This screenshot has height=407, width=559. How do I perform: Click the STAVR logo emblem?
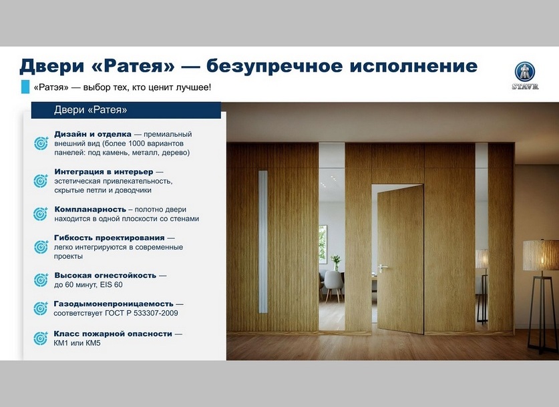tap(524, 72)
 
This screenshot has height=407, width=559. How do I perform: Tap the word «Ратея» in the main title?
tap(136, 66)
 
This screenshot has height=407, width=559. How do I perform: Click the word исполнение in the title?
tap(413, 66)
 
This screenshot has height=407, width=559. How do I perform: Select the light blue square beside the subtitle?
tap(25, 87)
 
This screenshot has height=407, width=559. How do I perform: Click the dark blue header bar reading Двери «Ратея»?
tap(126, 110)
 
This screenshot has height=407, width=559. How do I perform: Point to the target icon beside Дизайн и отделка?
tap(41, 143)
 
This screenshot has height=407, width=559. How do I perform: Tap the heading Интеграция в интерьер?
tap(104, 171)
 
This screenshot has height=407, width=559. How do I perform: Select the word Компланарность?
tap(90, 210)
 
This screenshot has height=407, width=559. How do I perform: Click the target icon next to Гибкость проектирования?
tap(41, 247)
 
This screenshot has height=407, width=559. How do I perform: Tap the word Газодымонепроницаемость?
tap(114, 304)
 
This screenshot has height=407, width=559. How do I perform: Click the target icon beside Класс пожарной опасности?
tap(41, 338)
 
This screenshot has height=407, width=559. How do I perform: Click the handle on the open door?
tap(382, 267)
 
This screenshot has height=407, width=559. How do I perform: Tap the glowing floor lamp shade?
tap(540, 256)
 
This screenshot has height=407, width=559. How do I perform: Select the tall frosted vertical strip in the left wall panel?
tap(262, 242)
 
